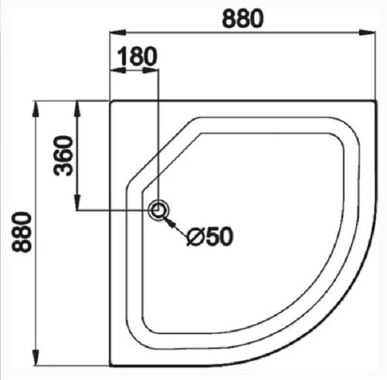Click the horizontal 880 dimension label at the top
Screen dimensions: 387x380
point(243,19)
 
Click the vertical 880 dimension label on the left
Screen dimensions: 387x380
point(22,232)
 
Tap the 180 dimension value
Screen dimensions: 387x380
point(137,56)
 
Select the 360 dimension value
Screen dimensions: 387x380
point(64,156)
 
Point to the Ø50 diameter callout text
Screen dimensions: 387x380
point(210,236)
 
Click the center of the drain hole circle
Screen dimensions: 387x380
point(158,211)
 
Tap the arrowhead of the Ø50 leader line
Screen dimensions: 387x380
point(170,222)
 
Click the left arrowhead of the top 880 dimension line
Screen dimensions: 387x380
point(118,32)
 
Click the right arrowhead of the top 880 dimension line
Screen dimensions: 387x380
point(368,32)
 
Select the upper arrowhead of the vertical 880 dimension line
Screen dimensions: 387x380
point(36,109)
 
